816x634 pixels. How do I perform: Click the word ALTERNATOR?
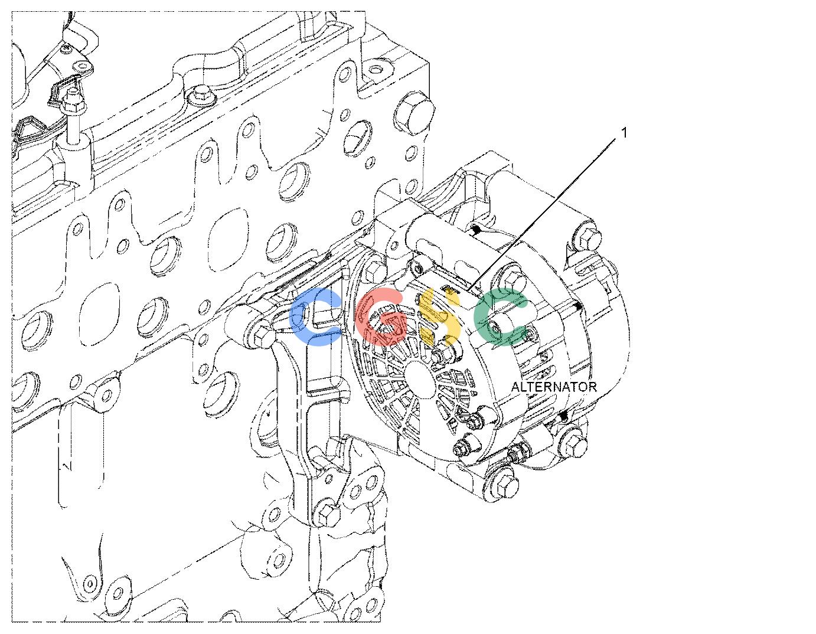[554, 387]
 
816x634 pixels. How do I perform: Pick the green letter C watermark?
[501, 316]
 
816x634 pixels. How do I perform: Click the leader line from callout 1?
[543, 214]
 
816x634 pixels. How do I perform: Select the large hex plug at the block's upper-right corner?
[415, 111]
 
